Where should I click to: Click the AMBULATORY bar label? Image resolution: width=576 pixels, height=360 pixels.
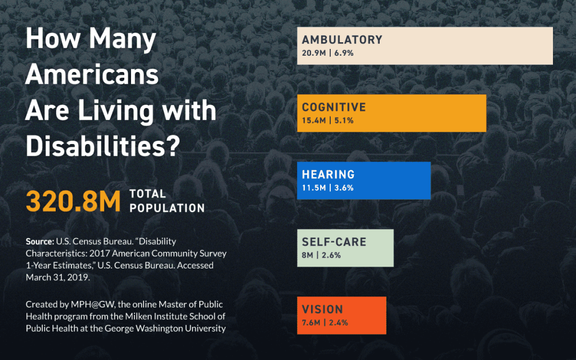pos(342,40)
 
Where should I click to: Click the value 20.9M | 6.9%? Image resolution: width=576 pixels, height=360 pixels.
pos(327,53)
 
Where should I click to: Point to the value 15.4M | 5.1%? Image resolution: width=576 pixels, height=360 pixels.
pos(327,121)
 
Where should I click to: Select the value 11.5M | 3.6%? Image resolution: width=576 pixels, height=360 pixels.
pos(327,188)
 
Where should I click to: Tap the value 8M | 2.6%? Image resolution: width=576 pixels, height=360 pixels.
pos(321,255)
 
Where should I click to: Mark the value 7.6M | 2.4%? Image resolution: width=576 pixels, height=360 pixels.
pos(325,323)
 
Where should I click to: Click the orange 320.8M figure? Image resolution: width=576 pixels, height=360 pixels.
pos(74,201)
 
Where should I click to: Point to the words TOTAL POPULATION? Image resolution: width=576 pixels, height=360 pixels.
pos(166,201)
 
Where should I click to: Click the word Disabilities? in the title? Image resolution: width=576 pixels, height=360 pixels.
pos(102,146)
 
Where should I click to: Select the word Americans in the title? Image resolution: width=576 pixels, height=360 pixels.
pos(92,75)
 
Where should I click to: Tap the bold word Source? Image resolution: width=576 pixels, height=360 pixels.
pos(39,241)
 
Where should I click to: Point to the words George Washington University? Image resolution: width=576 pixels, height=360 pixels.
pos(170,328)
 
